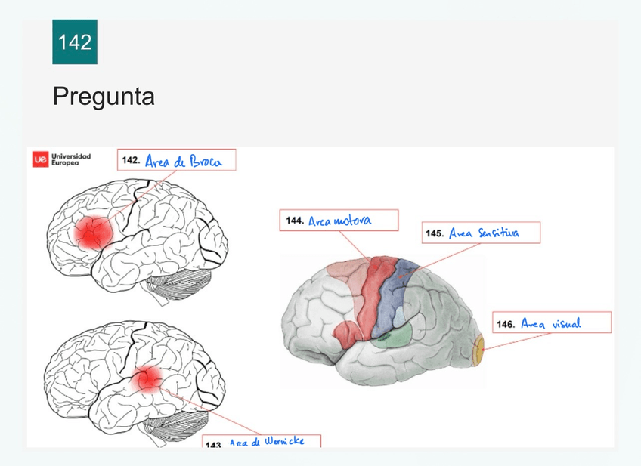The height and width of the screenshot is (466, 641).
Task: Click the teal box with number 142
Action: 75,42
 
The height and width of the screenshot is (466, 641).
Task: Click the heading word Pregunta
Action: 104,97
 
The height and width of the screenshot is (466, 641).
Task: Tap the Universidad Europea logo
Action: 62,159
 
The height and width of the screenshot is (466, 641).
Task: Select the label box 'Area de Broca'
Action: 176,160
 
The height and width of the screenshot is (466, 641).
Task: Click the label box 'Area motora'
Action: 338,221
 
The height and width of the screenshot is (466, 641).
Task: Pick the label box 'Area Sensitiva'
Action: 481,233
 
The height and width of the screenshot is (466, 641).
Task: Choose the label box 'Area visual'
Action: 552,323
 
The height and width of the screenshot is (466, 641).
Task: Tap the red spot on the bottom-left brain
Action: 148,378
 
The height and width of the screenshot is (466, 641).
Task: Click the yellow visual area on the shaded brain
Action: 478,351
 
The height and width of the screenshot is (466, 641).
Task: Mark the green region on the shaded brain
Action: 392,336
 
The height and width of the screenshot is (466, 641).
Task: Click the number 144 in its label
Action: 295,221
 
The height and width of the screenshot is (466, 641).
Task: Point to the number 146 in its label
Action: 506,324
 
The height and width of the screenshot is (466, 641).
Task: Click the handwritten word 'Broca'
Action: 206,162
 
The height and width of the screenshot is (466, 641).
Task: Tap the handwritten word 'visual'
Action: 566,323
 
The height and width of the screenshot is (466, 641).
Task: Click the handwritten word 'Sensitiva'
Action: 498,233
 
